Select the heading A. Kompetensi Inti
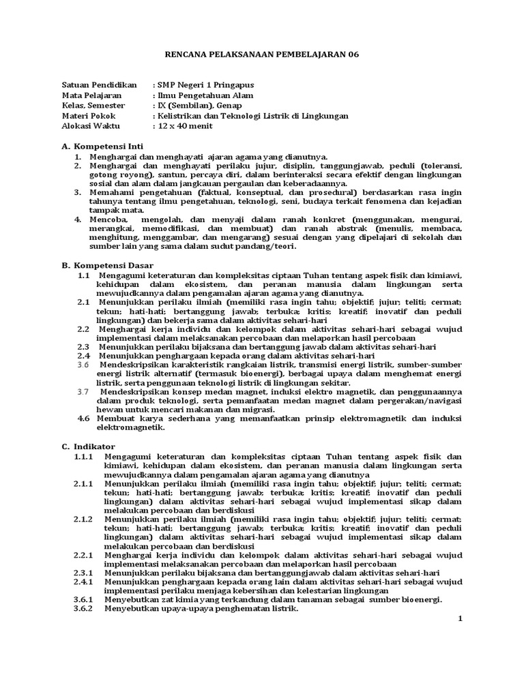pos(102,147)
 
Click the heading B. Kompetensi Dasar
pos(107,264)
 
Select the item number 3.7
pos(83,391)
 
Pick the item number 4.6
pos(83,418)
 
